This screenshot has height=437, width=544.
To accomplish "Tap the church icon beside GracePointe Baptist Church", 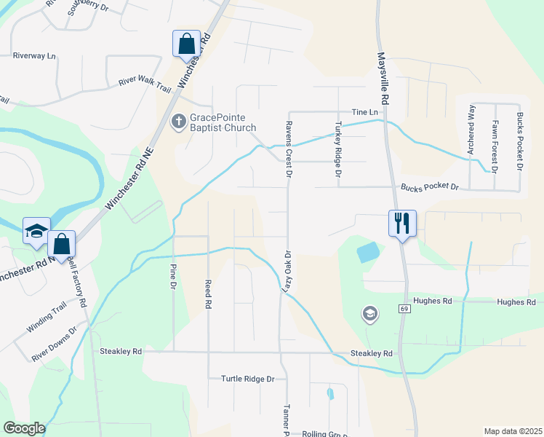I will tap(178, 122).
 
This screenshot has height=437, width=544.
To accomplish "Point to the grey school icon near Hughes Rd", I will tap(370, 314).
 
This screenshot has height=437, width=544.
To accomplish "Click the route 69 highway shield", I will tap(404, 309).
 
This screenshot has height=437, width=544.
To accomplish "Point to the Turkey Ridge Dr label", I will tap(337, 149).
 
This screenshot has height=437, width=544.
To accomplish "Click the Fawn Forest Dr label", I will tap(495, 146).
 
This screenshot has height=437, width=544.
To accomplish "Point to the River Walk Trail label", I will tap(148, 84).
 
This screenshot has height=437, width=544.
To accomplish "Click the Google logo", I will tap(24, 428).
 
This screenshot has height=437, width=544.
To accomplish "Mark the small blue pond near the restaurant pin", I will tap(367, 253).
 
